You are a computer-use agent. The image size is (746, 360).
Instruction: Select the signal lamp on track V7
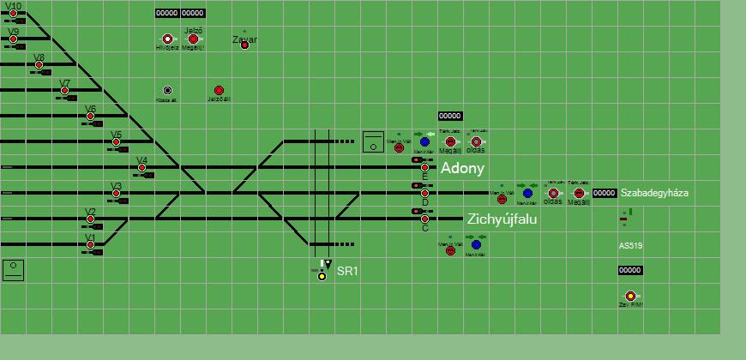click(64, 91)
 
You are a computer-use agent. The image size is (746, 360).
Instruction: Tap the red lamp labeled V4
click(141, 168)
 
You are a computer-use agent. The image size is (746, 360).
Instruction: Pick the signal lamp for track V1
click(90, 245)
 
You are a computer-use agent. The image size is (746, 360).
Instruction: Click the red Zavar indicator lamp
click(244, 45)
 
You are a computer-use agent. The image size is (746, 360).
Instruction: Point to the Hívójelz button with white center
click(167, 39)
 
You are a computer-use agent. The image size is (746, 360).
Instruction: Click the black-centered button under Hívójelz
click(167, 90)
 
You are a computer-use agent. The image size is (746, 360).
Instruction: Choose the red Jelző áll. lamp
click(219, 90)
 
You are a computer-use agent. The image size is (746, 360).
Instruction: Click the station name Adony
click(462, 169)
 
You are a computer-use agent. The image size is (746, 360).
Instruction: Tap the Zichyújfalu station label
click(502, 219)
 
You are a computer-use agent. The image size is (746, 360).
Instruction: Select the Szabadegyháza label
click(654, 194)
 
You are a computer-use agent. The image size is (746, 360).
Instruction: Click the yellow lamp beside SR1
click(322, 276)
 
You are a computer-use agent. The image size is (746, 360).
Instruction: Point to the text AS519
click(631, 246)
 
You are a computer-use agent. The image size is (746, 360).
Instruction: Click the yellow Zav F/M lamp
click(630, 296)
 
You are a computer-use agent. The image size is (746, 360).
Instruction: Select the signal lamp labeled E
click(424, 168)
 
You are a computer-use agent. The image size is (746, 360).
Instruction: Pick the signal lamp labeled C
click(424, 219)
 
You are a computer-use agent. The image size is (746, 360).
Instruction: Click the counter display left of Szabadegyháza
click(605, 194)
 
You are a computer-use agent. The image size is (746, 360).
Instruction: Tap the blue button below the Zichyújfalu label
click(476, 245)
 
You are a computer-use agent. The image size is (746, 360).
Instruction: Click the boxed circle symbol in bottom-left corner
click(13, 270)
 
